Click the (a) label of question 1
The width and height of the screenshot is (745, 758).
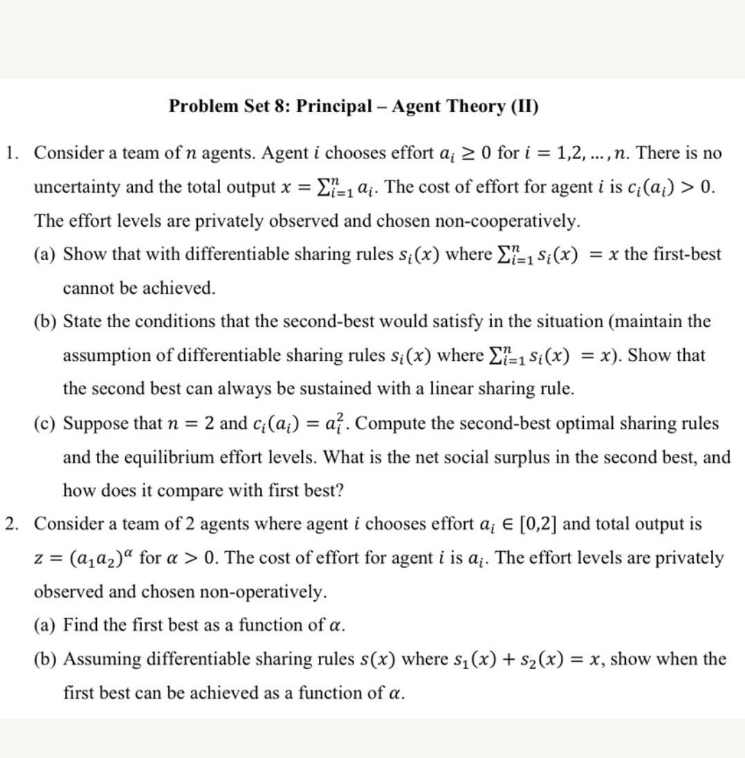[x=46, y=255]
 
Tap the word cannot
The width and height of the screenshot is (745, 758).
[x=85, y=288]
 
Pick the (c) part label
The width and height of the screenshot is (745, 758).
[x=46, y=423]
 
